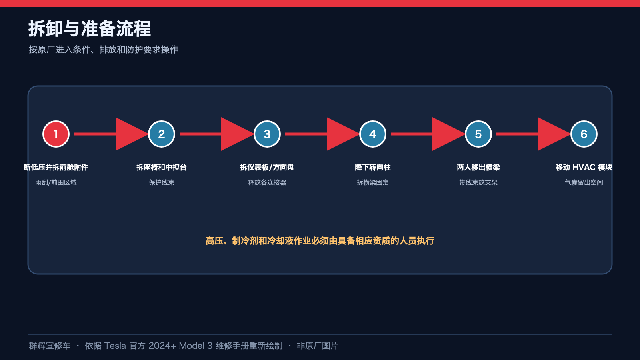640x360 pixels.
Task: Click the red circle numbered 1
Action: tap(56, 134)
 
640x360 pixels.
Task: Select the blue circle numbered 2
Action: tap(162, 134)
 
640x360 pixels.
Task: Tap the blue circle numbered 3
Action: tap(267, 134)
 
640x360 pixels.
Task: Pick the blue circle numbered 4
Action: tap(372, 134)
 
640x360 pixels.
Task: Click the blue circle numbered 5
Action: tap(478, 134)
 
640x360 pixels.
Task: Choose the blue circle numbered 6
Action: tap(584, 134)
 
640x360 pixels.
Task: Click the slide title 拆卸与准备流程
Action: tap(90, 29)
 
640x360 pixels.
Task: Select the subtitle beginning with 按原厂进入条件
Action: tap(104, 50)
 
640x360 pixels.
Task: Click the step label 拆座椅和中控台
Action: tap(162, 167)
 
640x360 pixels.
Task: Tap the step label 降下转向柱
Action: tap(372, 167)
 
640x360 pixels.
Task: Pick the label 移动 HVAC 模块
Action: tap(584, 167)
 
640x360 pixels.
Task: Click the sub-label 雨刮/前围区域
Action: tap(56, 182)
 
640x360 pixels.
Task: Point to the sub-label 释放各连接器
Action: tap(267, 182)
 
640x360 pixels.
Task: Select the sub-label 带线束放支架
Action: tap(478, 182)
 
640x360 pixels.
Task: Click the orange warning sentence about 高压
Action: tap(320, 241)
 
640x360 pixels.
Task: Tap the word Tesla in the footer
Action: tap(115, 346)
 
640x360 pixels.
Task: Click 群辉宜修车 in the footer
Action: tap(50, 346)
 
